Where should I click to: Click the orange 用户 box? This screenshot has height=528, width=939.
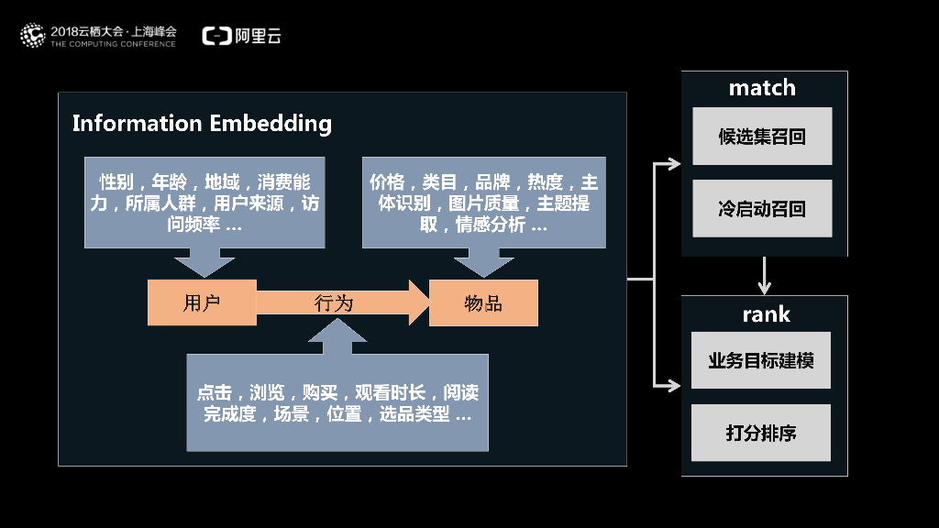pos(202,303)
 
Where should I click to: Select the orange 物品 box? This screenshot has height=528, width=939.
pos(483,303)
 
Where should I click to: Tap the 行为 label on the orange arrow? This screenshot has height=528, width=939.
pos(334,303)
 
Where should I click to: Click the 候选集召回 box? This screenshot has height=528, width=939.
pos(762,137)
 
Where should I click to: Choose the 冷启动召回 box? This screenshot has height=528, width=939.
pos(762,209)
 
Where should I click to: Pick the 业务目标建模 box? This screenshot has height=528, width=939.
pos(761,360)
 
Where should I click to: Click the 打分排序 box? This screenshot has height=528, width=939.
pos(761,433)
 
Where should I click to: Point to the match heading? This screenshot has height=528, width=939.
pos(762,88)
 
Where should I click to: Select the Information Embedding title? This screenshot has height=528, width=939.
pos(202,123)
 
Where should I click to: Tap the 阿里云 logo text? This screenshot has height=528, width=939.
pos(258,36)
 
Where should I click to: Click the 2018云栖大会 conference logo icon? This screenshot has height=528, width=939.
pos(33,36)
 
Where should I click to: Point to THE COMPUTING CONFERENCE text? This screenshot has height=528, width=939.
pos(113,44)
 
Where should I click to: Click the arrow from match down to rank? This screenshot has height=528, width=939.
pos(765,275)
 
